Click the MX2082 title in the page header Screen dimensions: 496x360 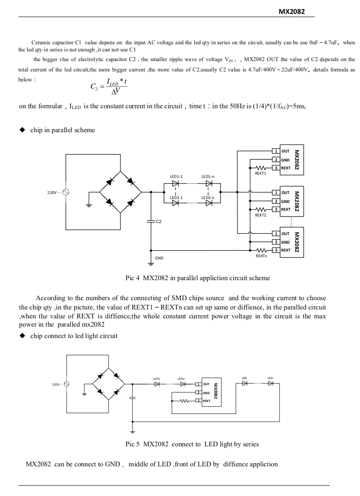click(x=291, y=11)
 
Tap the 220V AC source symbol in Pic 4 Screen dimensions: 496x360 click(x=65, y=192)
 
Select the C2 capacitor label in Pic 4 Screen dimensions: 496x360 click(x=159, y=222)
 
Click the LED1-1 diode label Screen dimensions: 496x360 click(x=176, y=177)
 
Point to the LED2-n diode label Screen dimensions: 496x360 click(x=207, y=198)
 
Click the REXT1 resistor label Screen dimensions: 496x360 click(x=260, y=173)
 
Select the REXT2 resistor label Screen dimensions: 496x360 click(x=260, y=215)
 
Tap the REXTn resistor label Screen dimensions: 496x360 click(x=261, y=256)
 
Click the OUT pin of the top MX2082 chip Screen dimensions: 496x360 click(x=285, y=151)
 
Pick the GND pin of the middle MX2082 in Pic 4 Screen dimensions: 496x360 click(x=285, y=202)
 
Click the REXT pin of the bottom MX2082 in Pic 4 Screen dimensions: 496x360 click(x=286, y=250)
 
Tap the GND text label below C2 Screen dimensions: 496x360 click(x=159, y=258)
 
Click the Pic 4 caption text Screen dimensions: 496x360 click(x=197, y=278)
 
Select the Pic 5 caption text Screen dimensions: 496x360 click(x=192, y=444)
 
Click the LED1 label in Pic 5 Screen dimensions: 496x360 click(x=156, y=378)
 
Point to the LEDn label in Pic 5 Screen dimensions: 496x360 click(x=181, y=378)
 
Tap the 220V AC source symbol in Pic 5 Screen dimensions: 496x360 click(x=66, y=384)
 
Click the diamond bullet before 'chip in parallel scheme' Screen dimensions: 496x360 click(x=22, y=130)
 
